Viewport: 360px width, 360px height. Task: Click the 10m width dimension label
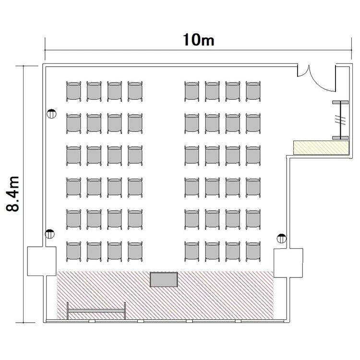click(199, 40)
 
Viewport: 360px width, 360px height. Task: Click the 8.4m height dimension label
click(12, 194)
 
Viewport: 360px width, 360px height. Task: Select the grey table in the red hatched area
click(164, 279)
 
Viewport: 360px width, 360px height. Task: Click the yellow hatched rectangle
click(321, 148)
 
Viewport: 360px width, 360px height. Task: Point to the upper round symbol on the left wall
click(51, 114)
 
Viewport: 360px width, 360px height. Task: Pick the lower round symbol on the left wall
click(49, 234)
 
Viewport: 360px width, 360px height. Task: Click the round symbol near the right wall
click(281, 238)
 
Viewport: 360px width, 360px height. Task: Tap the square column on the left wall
click(42, 261)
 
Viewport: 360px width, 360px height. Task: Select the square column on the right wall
click(288, 263)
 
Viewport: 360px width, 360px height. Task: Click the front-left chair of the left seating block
click(73, 252)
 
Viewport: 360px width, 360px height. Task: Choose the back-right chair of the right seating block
click(253, 91)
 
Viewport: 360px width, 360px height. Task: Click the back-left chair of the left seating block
click(73, 91)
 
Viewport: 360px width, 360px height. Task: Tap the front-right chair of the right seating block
click(253, 252)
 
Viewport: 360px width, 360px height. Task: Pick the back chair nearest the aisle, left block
click(135, 91)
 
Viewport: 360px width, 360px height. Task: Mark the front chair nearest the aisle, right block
click(192, 252)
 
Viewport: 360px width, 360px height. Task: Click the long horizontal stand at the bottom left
click(96, 311)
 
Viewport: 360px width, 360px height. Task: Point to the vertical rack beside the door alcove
click(340, 120)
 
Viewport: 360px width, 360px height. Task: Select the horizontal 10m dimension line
click(198, 50)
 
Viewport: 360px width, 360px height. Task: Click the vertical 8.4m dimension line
click(23, 194)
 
